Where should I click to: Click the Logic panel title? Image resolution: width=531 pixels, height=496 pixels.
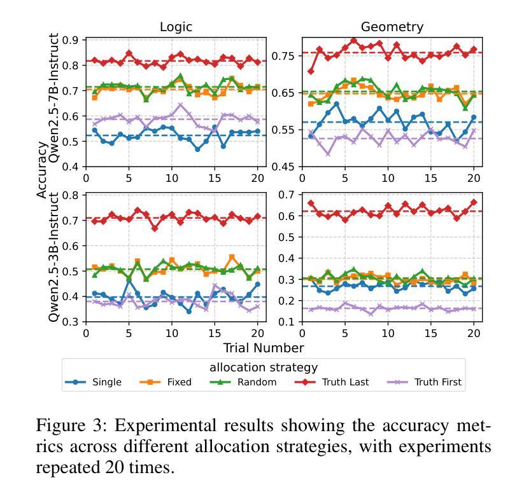point(176,27)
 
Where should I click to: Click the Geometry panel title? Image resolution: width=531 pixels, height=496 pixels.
point(392,27)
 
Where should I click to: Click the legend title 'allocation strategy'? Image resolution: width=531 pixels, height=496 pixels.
point(264,368)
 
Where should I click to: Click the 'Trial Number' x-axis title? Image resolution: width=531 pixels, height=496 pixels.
point(263,348)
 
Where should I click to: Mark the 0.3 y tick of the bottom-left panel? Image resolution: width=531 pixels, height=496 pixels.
point(72,322)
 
